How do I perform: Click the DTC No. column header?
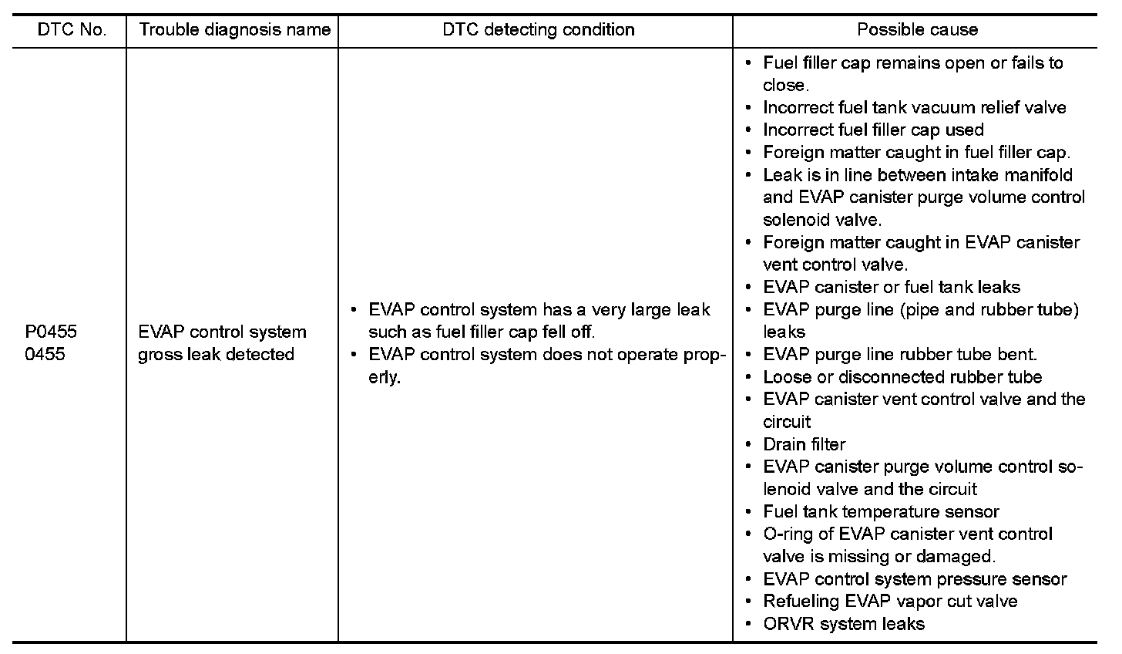pos(71,30)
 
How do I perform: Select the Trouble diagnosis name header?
pos(233,30)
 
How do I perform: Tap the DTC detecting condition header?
pos(538,30)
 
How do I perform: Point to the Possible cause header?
pos(917,30)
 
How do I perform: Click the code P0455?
pos(51,332)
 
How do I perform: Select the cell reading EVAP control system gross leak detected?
pos(222,343)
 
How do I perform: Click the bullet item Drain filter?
pos(804,444)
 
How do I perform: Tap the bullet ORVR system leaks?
pos(843,624)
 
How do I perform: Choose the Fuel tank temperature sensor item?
pos(880,511)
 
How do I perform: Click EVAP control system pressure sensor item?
pos(914,579)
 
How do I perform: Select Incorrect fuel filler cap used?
pos(872,130)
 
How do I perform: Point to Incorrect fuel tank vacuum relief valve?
pos(914,107)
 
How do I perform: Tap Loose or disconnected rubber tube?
pos(902,377)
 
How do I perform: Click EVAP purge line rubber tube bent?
pos(899,355)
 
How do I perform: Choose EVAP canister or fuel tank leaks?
pos(891,288)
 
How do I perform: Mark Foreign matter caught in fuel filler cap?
pos(915,153)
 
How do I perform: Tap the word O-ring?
pos(788,534)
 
